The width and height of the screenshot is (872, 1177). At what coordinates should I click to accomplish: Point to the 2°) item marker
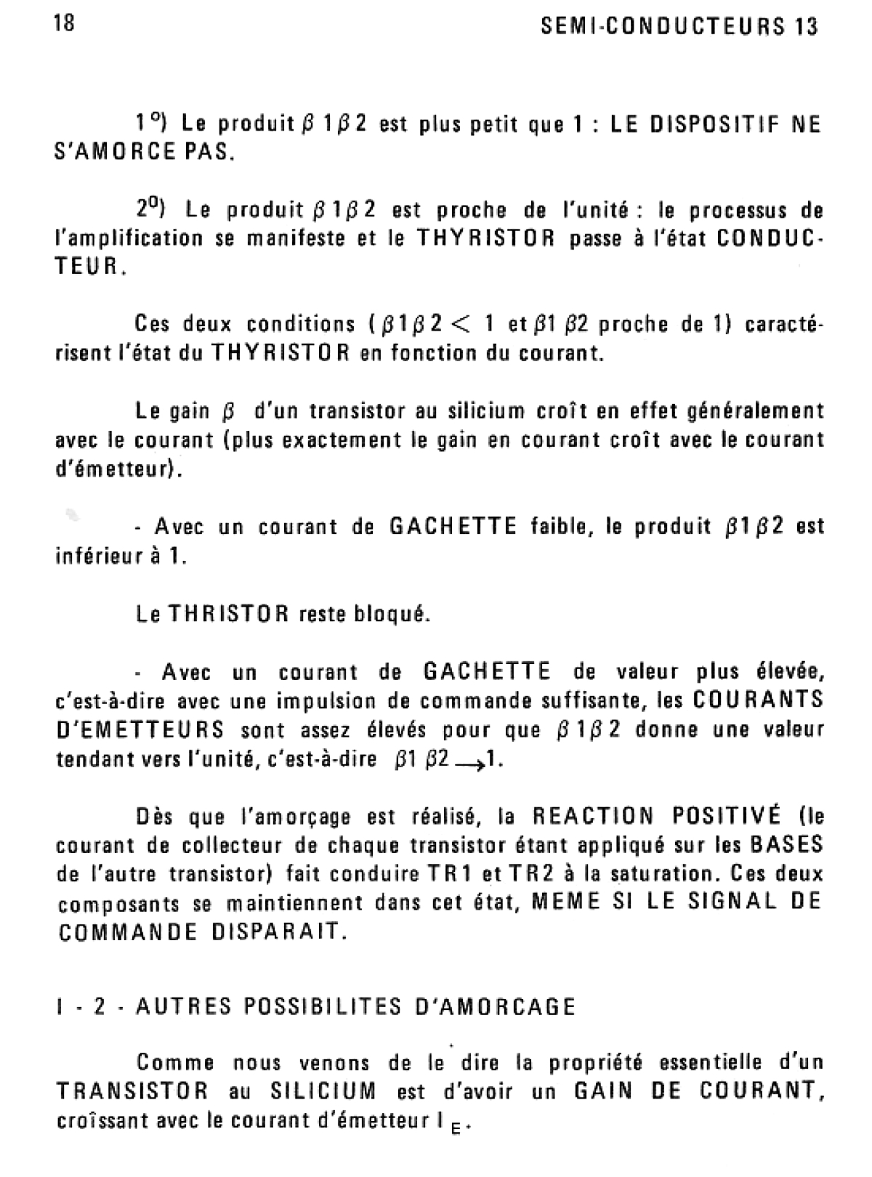coord(150,209)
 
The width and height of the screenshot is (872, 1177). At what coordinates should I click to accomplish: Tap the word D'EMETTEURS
coord(140,729)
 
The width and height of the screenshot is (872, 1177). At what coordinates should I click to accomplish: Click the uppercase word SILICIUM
coord(323,1091)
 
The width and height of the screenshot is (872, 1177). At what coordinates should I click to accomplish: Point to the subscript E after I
coord(456,1128)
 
